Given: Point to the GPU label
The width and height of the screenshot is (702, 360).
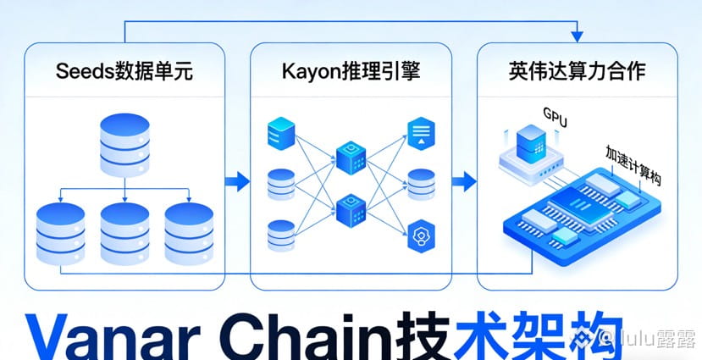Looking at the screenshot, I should tap(555, 114).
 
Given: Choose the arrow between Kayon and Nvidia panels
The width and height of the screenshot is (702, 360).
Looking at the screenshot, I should tap(463, 180).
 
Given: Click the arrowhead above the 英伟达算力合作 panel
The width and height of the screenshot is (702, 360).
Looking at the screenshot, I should tap(578, 36).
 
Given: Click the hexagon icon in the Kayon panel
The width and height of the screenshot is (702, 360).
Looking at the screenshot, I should tap(420, 235).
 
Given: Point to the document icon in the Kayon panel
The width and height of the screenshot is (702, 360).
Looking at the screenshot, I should tap(420, 131).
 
